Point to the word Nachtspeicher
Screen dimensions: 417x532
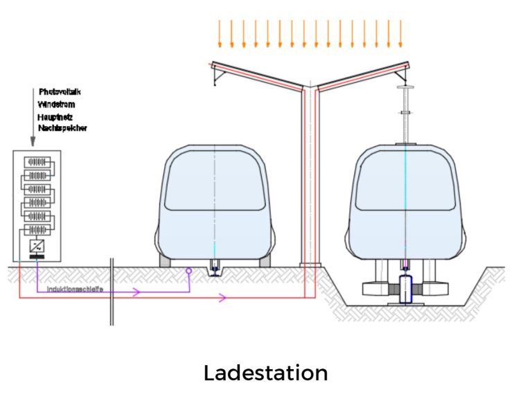click(x=62, y=129)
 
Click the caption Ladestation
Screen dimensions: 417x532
click(x=265, y=373)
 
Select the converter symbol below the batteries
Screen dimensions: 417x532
click(x=37, y=245)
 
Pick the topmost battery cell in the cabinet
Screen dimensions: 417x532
click(x=37, y=161)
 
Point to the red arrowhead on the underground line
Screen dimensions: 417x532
click(x=222, y=298)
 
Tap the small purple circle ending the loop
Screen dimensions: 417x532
click(x=188, y=273)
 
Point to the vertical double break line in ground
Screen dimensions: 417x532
click(x=111, y=291)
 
